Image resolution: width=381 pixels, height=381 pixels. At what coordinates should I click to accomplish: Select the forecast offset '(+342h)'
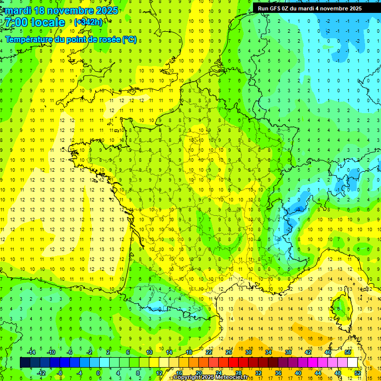[88, 22]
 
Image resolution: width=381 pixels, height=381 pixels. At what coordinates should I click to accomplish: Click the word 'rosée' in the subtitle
[107, 40]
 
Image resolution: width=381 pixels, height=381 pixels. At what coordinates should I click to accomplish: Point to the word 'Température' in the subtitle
[30, 40]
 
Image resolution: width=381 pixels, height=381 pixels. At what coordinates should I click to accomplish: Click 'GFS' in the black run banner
[278, 8]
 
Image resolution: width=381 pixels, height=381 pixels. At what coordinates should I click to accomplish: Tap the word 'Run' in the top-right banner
[263, 8]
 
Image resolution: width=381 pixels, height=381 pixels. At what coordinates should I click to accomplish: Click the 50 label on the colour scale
[348, 352]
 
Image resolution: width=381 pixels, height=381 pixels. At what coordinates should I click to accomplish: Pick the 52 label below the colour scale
[358, 373]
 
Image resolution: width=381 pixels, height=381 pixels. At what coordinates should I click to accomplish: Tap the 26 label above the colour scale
[228, 352]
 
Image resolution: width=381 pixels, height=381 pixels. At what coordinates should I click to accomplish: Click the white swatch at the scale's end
[353, 362]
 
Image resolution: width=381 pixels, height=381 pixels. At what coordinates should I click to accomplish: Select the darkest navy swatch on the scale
[25, 362]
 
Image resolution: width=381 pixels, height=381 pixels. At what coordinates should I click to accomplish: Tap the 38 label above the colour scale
[288, 352]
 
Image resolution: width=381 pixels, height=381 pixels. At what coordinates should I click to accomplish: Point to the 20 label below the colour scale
[198, 373]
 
